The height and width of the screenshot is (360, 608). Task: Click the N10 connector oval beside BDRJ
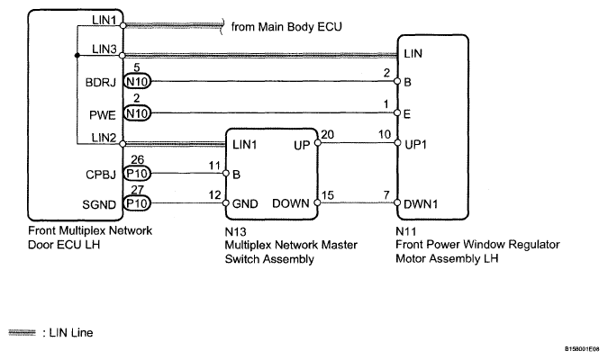(137, 82)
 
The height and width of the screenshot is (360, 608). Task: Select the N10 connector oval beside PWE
(137, 113)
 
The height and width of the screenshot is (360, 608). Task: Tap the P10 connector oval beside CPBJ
(137, 173)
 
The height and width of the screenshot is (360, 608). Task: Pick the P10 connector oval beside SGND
(137, 203)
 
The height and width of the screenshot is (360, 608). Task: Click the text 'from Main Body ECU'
(286, 27)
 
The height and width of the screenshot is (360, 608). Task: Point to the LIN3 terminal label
(104, 49)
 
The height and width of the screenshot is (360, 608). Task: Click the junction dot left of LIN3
(77, 56)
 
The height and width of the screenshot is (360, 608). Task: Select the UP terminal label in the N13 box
(302, 145)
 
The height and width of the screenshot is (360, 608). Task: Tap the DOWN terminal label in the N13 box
(290, 203)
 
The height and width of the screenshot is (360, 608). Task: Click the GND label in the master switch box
(245, 203)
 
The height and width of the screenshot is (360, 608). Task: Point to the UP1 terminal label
(415, 145)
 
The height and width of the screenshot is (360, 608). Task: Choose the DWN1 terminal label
(421, 204)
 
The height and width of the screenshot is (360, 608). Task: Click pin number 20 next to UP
(328, 134)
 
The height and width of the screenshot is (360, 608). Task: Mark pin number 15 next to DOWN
(328, 195)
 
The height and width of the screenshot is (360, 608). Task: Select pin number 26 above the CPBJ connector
(137, 159)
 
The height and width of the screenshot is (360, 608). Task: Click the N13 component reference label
(235, 231)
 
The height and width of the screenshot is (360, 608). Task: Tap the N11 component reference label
(406, 231)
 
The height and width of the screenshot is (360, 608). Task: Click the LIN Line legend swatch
(22, 332)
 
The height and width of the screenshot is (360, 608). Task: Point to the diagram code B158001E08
(582, 349)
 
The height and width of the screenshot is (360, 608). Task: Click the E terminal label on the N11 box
(407, 114)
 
